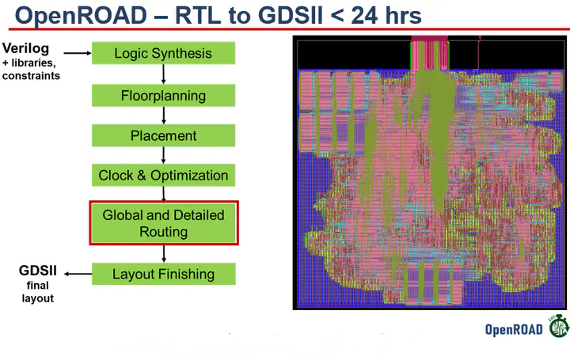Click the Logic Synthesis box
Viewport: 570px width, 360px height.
click(x=163, y=54)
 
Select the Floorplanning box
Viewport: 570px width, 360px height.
click(x=163, y=96)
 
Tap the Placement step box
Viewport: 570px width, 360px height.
click(x=163, y=135)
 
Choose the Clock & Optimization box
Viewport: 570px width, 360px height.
click(x=163, y=175)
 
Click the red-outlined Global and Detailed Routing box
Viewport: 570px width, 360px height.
click(x=163, y=223)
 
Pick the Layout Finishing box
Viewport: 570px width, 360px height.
click(x=163, y=274)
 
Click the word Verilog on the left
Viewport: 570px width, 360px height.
click(x=26, y=49)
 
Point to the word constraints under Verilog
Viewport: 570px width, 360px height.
click(x=31, y=76)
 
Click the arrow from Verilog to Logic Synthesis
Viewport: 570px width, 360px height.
click(x=77, y=53)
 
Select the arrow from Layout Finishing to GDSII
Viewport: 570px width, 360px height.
click(x=78, y=274)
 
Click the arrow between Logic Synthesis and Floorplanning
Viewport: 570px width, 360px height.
click(x=163, y=74)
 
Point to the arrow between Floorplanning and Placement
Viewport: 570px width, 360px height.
click(x=163, y=116)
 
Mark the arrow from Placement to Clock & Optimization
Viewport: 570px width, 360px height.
click(x=163, y=155)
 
